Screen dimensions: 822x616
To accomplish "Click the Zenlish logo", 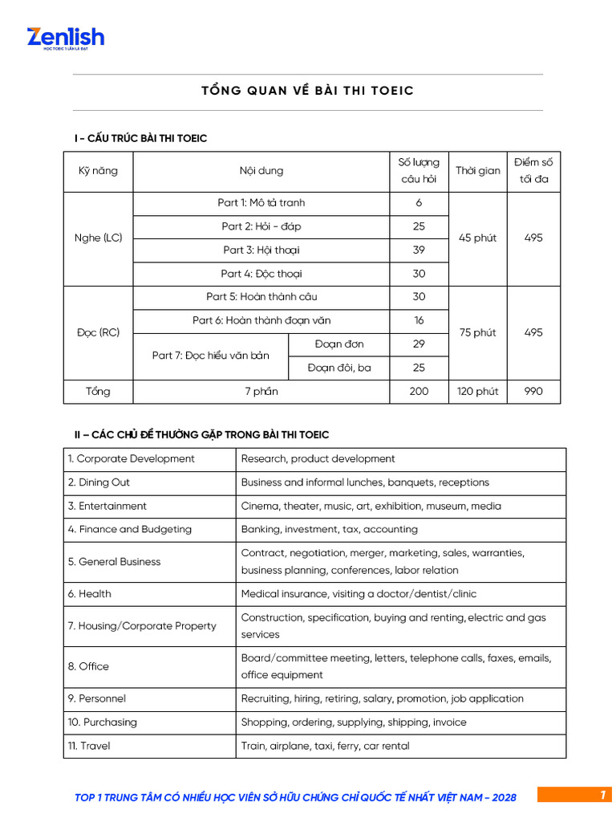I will [65, 38].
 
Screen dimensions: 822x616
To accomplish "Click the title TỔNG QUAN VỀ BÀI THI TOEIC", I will [307, 91].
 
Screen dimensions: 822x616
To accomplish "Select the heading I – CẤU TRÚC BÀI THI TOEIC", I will [140, 139].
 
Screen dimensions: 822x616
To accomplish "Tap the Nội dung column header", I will [261, 171].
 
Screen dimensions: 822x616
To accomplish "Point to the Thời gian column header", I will [477, 171].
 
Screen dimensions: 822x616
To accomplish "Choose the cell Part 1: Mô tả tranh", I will [261, 203].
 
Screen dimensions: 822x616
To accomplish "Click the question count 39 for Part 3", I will [419, 250].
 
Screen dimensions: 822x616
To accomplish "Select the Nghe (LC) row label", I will [98, 238].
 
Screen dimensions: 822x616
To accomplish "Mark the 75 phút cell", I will [477, 332].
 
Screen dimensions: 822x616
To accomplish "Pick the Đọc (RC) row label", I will [98, 332].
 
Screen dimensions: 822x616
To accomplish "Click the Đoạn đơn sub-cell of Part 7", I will [339, 344].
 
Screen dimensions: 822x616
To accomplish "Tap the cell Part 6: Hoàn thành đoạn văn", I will [261, 320].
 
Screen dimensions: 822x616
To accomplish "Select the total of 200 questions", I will [419, 392].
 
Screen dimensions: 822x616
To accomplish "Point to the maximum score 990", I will [533, 392].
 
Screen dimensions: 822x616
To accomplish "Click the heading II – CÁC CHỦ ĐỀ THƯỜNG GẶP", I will [201, 434].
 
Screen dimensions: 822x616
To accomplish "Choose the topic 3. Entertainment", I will [107, 506].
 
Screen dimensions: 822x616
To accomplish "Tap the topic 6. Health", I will [90, 594].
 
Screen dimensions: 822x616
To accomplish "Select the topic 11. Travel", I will [90, 746].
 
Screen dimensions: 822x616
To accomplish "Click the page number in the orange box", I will [602, 795].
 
